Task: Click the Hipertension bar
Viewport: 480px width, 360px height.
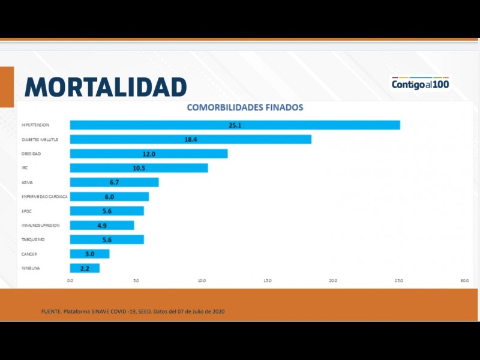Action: click(235, 125)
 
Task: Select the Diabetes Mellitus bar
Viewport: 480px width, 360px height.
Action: click(190, 139)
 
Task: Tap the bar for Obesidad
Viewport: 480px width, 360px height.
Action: click(149, 154)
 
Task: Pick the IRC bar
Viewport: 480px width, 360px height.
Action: click(139, 168)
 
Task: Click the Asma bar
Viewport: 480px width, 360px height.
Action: click(114, 182)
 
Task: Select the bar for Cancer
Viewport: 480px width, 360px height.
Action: click(89, 254)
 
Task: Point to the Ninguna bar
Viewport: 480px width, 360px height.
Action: click(85, 268)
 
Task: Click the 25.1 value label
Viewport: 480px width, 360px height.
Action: click(235, 125)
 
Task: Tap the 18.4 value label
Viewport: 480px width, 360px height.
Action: click(191, 139)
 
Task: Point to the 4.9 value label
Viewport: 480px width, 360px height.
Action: click(102, 225)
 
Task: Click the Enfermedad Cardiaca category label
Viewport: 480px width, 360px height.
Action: click(44, 197)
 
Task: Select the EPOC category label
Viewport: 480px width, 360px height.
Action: click(26, 211)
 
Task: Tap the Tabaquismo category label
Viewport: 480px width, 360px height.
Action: click(33, 240)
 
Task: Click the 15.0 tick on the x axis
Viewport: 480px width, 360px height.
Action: click(267, 280)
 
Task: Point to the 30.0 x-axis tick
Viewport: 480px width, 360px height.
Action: click(464, 280)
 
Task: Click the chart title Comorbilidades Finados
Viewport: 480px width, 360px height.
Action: click(245, 108)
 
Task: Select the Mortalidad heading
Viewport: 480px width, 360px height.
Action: click(106, 87)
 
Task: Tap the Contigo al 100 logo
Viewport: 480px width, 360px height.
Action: click(420, 83)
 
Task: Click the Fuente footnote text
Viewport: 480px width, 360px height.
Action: click(133, 311)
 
